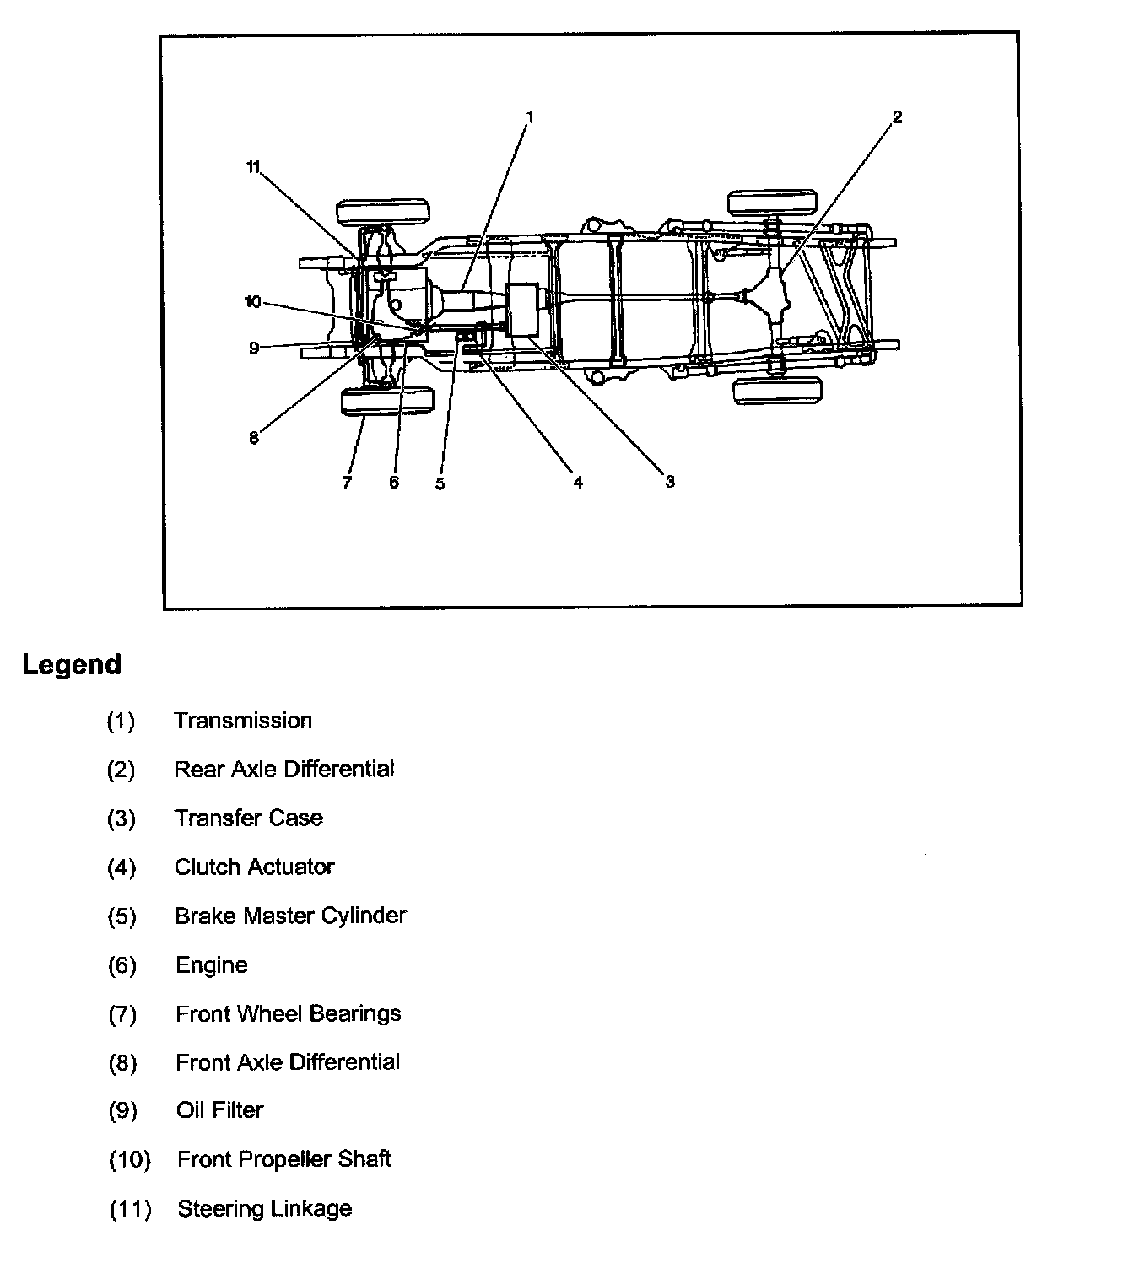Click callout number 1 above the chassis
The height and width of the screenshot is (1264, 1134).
(531, 116)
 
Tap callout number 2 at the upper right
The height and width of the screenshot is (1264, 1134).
(897, 117)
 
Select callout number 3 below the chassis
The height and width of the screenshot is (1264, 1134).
(669, 482)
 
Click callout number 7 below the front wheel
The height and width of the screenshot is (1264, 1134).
(346, 483)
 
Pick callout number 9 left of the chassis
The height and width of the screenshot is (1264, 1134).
(254, 347)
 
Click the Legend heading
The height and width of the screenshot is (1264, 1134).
(72, 664)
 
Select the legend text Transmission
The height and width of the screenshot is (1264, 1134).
(243, 721)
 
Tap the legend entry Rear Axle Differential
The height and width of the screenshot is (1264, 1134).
(284, 769)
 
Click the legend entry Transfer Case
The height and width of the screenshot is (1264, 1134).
(249, 818)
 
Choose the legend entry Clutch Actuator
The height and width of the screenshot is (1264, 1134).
(254, 867)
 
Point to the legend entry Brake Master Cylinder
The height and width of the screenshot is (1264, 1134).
(290, 916)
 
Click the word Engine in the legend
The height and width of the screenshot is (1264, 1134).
(212, 964)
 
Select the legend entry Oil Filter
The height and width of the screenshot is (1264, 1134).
(220, 1110)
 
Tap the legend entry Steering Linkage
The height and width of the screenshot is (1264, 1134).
(264, 1208)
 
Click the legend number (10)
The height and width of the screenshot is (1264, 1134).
(130, 1159)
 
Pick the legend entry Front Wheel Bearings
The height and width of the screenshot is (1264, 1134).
(289, 1013)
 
